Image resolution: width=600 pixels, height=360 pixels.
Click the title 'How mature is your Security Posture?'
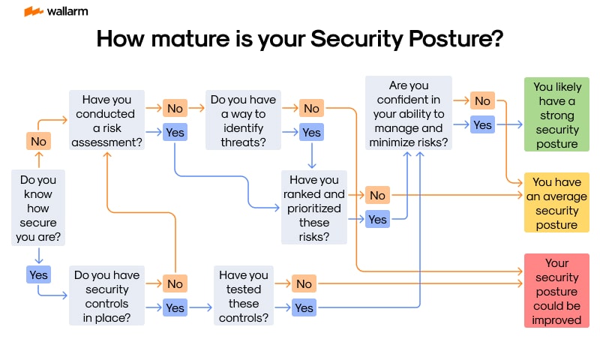coord(300,39)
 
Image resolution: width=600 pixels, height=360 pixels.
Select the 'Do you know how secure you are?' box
coord(37,208)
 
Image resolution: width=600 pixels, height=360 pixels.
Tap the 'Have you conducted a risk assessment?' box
coord(106,121)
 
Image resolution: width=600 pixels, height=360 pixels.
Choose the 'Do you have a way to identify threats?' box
coord(243,121)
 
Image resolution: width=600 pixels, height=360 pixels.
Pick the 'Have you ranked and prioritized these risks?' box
coord(314,207)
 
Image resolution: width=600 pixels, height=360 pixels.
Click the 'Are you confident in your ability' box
coord(409,114)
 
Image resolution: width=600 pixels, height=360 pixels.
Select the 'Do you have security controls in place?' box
coord(107,296)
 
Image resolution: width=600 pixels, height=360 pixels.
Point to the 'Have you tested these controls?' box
coord(244,296)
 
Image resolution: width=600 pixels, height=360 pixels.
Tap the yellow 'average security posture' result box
coord(556,202)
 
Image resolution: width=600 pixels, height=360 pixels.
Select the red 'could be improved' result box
coord(556,291)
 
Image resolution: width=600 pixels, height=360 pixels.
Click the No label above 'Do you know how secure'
coord(37,141)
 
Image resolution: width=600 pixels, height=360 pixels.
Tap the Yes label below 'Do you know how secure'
coord(37,275)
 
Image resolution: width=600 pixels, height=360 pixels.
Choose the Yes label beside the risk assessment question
coord(175,133)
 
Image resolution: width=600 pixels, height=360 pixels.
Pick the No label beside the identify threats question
coord(311,108)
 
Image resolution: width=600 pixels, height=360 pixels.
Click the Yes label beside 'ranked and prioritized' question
coord(377,219)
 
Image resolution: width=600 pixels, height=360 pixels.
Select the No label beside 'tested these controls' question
coord(304,283)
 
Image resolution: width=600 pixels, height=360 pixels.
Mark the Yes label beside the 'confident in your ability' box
coord(482,124)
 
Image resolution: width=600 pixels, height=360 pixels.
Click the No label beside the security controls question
coord(175,283)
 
